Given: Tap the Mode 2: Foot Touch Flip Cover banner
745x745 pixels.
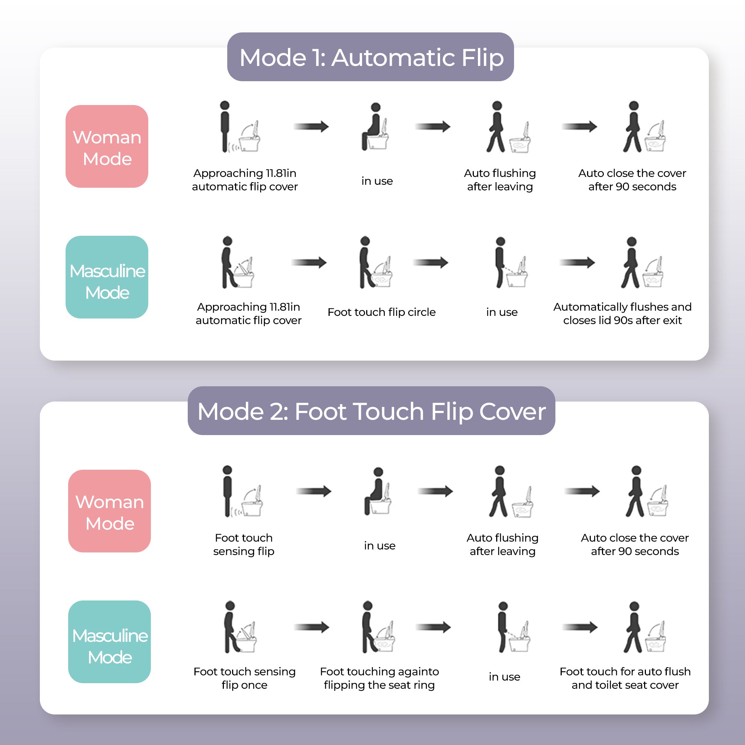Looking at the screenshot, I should coord(371,411).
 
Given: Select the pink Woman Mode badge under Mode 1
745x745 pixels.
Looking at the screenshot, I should coord(107,146).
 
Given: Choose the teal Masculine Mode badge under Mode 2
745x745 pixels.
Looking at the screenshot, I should coord(110,642).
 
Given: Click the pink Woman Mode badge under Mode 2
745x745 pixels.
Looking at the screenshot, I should coord(110,511).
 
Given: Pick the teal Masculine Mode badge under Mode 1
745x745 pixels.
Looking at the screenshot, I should coord(107,277).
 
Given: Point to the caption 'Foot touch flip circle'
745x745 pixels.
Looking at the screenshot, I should coord(381,312).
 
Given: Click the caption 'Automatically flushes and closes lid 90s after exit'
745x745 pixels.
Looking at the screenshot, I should coord(622,314).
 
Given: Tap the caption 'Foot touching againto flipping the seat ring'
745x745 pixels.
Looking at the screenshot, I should coord(380,678).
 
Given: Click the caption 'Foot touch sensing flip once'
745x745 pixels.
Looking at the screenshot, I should coord(244,678).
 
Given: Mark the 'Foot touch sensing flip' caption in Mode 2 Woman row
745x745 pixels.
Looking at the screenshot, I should coord(244,545).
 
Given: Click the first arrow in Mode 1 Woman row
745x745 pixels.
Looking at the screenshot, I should coord(311,127).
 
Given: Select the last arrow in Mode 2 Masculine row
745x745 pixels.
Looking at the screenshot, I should coord(580,627).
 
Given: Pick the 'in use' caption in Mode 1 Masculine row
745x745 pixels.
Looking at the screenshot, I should coord(502,312).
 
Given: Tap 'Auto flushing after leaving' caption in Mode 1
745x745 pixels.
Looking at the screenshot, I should coord(500,180).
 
